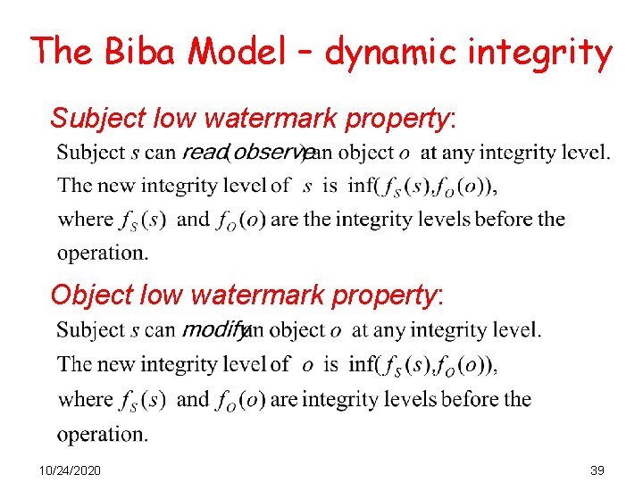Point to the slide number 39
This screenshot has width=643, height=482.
597,470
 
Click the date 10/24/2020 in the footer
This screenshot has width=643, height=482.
71,470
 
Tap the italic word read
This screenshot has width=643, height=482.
205,152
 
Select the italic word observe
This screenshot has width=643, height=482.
269,152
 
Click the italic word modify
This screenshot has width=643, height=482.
212,330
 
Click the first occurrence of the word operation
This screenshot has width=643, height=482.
102,253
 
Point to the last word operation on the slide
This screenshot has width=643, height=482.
102,435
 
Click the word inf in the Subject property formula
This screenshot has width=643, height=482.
361,186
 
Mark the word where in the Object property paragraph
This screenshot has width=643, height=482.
86,399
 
